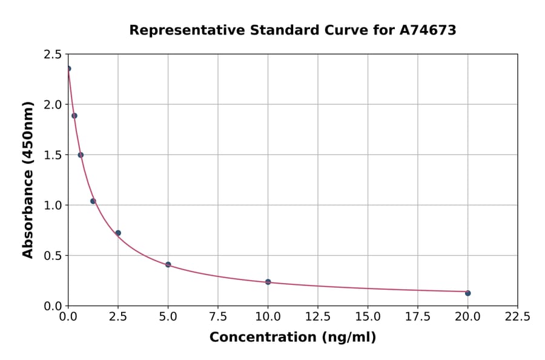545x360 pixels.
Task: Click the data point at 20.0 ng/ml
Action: (x=467, y=293)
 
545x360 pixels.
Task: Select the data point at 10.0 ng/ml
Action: (x=268, y=282)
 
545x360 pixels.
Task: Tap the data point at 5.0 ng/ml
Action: (x=168, y=265)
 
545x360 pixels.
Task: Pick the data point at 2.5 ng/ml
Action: (x=118, y=233)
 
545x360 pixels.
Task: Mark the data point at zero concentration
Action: (x=68, y=68)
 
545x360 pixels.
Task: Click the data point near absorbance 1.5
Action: (x=81, y=155)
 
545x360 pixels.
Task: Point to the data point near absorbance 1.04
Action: (x=93, y=201)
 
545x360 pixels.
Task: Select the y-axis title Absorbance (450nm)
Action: (x=28, y=179)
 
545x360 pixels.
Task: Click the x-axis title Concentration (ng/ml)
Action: (x=292, y=338)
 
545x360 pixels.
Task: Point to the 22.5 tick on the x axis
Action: (x=517, y=316)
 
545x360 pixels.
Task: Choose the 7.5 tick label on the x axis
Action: (x=218, y=316)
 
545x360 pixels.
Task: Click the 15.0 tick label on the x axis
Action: (x=368, y=316)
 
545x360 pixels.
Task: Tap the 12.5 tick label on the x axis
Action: (x=318, y=316)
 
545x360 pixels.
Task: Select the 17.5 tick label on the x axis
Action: (x=418, y=316)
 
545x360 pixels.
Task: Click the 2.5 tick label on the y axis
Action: (x=53, y=55)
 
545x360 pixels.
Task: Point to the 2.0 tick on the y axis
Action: (x=53, y=105)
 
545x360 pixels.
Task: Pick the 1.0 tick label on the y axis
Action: (x=53, y=205)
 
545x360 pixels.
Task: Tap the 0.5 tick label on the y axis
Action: (x=53, y=256)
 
